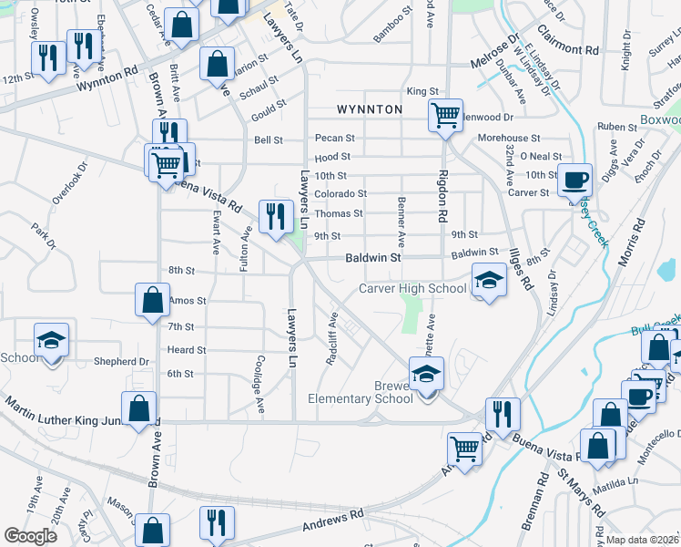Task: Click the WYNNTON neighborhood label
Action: tap(370, 109)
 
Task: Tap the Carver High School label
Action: tap(412, 288)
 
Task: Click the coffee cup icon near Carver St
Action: tap(574, 180)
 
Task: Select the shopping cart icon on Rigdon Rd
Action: tap(445, 116)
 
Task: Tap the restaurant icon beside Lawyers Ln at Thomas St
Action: tap(273, 216)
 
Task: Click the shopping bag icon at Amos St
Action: tap(152, 299)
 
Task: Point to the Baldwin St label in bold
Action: tap(372, 259)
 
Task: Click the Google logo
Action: tap(30, 535)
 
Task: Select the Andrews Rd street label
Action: tap(324, 522)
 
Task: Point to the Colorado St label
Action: tap(340, 193)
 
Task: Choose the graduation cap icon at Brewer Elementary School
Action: tap(424, 374)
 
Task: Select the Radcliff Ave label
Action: tap(332, 339)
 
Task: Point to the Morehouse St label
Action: tap(509, 138)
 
